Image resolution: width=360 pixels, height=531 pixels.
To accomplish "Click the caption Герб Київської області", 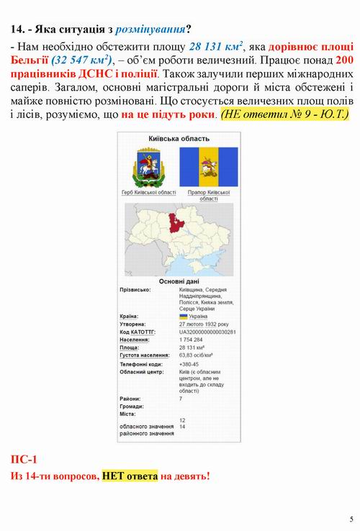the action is (x=148, y=193).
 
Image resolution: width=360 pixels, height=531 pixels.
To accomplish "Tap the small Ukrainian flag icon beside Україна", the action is (x=184, y=316).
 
